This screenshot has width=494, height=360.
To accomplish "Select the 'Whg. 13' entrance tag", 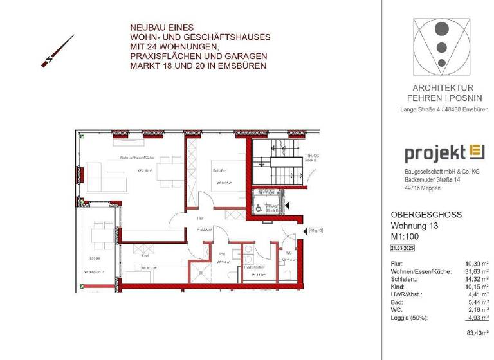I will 315,230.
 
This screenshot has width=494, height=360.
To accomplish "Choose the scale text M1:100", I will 407,237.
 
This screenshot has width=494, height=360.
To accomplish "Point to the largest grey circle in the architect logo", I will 441,30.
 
